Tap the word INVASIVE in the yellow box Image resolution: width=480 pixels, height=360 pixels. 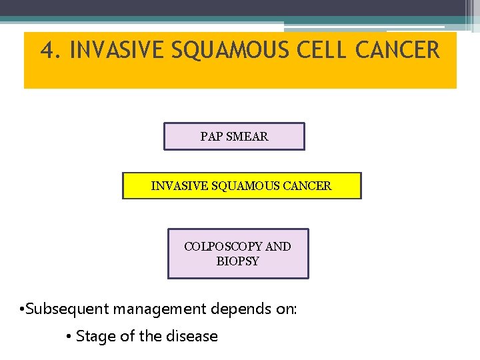tap(177, 186)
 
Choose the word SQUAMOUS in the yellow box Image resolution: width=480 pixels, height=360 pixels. tap(242, 186)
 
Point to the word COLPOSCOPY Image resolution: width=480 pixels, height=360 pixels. tap(223, 247)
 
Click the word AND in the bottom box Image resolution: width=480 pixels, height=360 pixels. tap(278, 247)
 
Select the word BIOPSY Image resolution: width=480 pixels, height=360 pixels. tap(237, 261)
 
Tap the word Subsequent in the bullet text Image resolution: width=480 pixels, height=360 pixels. tap(68, 309)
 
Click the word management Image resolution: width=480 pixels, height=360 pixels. tap(161, 309)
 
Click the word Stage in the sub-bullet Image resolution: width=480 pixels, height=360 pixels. tap(96, 337)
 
